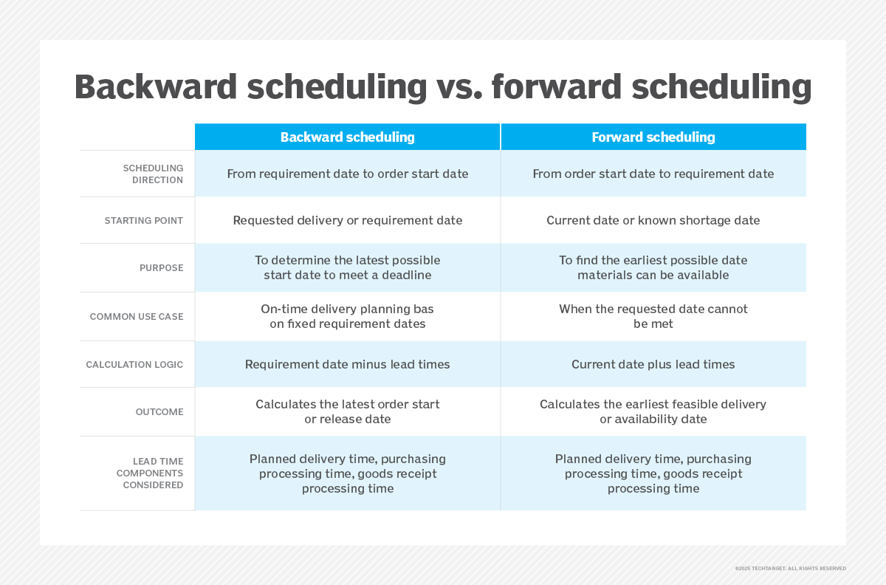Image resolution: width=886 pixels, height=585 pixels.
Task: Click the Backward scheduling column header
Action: (x=347, y=137)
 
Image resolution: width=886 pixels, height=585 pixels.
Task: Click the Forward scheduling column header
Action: (x=653, y=137)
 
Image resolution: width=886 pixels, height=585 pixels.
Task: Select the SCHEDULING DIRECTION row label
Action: (x=153, y=174)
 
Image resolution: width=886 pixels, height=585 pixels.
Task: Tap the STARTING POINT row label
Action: (x=143, y=220)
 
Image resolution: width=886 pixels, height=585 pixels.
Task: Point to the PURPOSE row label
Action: (x=162, y=268)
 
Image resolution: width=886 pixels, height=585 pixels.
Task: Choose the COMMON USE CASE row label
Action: (x=137, y=317)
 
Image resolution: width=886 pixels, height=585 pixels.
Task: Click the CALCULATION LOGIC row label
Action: (x=134, y=365)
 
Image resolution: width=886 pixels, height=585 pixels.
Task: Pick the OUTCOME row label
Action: (x=159, y=412)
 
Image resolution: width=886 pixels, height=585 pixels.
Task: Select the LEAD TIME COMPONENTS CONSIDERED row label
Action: (x=150, y=473)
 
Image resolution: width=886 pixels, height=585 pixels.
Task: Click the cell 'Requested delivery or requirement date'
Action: (x=347, y=220)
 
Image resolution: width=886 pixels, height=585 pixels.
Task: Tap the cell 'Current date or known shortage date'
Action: (x=653, y=220)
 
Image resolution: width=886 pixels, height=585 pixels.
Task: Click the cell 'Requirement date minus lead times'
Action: (x=347, y=365)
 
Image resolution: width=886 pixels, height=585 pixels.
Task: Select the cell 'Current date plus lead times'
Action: (x=653, y=365)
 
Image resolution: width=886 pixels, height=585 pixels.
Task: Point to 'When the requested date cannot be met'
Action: (x=653, y=316)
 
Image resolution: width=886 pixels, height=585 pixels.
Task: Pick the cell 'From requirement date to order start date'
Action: (x=347, y=174)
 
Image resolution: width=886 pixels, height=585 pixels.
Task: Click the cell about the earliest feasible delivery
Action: (x=653, y=411)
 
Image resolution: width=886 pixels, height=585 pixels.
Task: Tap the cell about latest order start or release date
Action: (x=347, y=411)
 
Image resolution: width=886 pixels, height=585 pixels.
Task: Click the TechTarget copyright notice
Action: (x=790, y=568)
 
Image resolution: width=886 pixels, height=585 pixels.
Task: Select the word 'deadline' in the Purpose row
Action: (x=406, y=275)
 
